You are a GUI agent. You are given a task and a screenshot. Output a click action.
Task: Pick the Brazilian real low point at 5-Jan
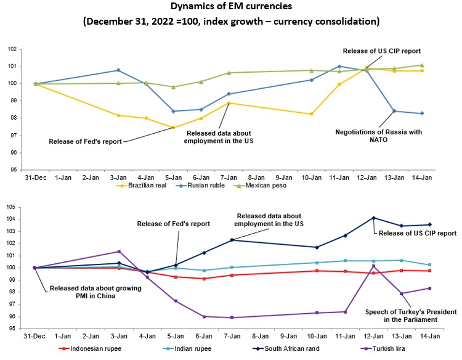pos(174,128)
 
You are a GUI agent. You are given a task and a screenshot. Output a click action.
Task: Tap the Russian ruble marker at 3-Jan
pos(118,70)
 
